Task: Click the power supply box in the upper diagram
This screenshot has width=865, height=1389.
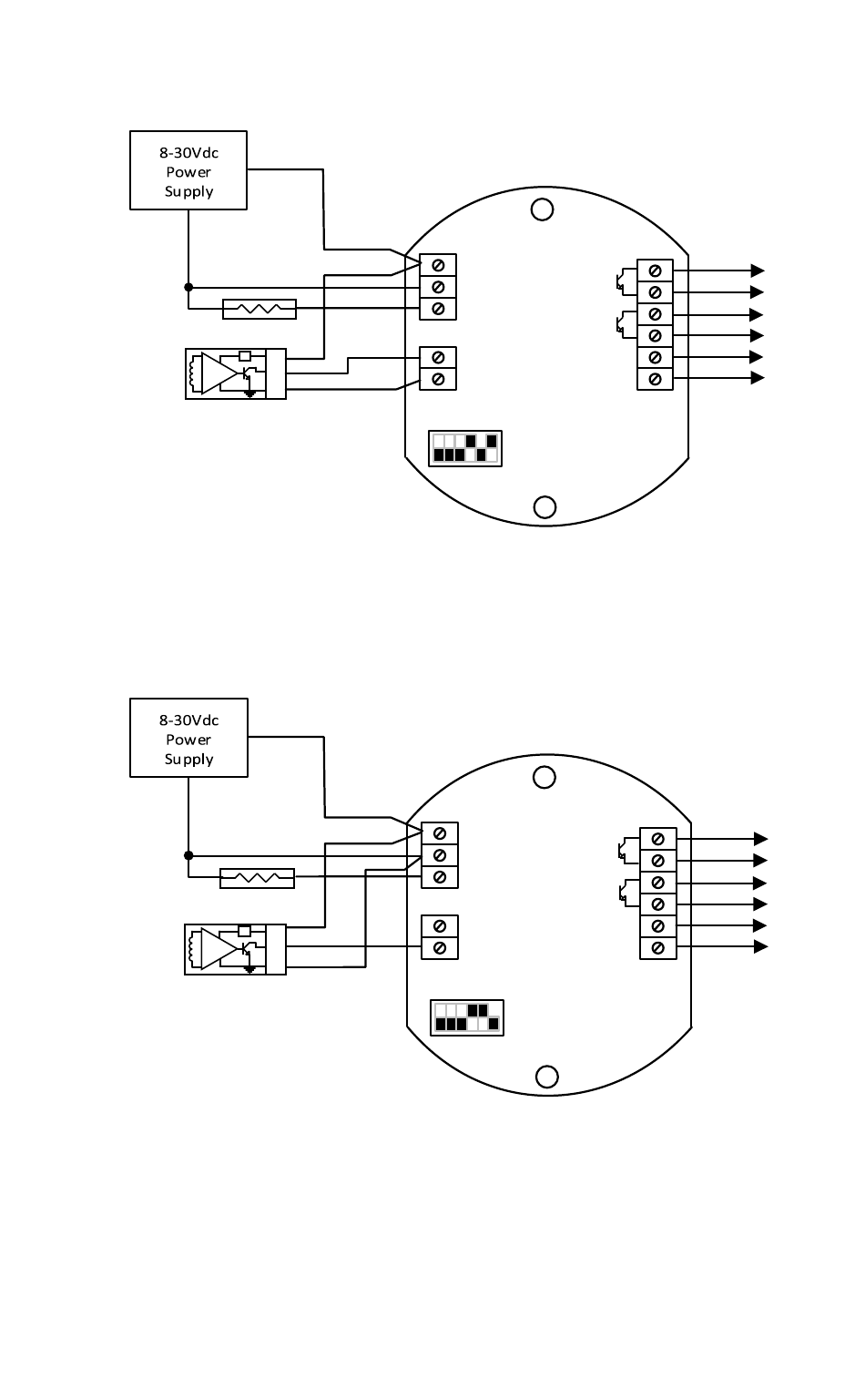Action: pyautogui.click(x=188, y=170)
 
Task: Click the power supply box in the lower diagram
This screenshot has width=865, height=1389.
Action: pyautogui.click(x=188, y=738)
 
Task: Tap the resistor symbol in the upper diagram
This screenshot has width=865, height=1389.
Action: pyautogui.click(x=259, y=309)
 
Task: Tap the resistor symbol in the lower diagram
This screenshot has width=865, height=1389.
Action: pyautogui.click(x=258, y=878)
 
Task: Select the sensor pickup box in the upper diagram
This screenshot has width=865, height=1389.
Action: pyautogui.click(x=235, y=373)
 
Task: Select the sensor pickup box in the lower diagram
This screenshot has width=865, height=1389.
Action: pyautogui.click(x=235, y=949)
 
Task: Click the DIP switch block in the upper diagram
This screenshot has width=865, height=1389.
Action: pyautogui.click(x=465, y=448)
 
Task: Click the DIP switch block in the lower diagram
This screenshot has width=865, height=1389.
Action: pyautogui.click(x=467, y=1017)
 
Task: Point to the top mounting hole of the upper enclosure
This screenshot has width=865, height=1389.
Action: pyautogui.click(x=542, y=209)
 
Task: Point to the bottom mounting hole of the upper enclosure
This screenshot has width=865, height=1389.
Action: pyautogui.click(x=544, y=506)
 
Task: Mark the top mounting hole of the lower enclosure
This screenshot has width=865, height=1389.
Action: pyautogui.click(x=544, y=777)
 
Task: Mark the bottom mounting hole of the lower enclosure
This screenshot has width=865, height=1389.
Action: pyautogui.click(x=546, y=1077)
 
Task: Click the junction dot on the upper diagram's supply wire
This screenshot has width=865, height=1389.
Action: pyautogui.click(x=188, y=287)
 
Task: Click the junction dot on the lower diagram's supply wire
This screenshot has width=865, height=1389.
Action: pyautogui.click(x=188, y=855)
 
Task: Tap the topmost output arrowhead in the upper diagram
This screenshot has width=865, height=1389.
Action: pyautogui.click(x=757, y=271)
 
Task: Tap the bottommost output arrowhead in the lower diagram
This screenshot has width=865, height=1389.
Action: pyautogui.click(x=760, y=947)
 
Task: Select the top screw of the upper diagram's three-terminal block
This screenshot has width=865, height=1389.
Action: pyautogui.click(x=438, y=265)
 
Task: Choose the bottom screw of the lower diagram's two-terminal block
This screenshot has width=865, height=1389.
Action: pyautogui.click(x=440, y=948)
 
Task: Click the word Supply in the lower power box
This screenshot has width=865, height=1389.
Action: pyautogui.click(x=188, y=759)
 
